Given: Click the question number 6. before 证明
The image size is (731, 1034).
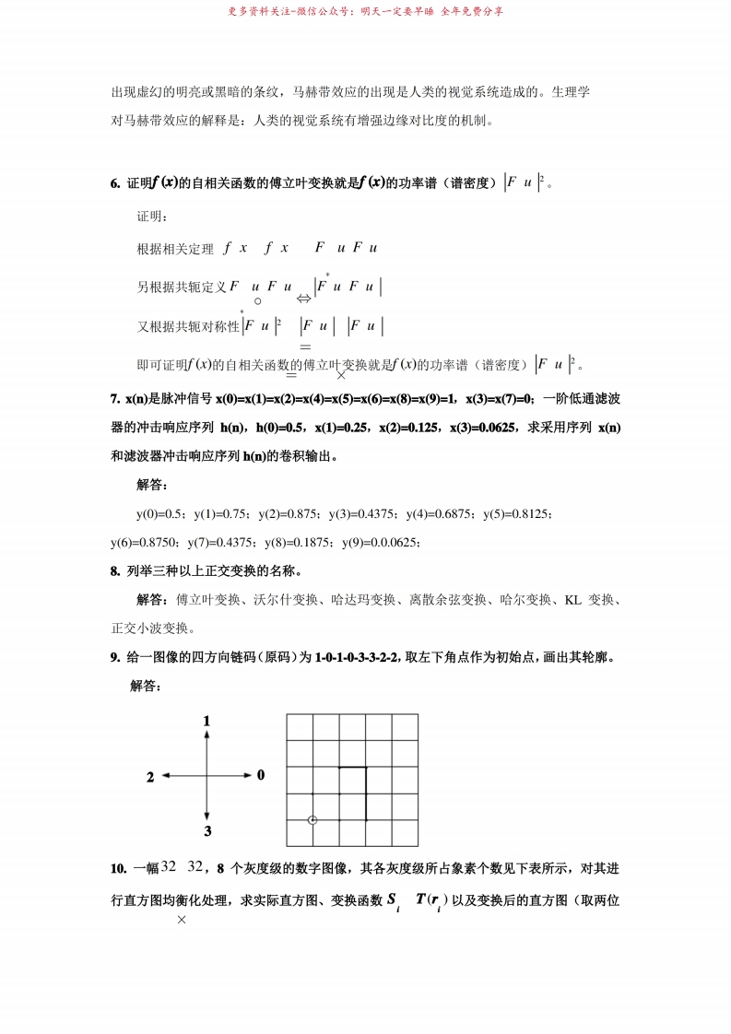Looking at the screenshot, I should point(115,183).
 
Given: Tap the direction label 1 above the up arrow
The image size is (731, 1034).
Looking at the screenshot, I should point(207,720).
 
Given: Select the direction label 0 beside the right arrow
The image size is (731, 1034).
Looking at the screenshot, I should point(261,775).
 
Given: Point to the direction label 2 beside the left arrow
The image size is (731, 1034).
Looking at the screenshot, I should point(150,777).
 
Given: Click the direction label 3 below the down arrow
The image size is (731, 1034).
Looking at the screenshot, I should point(207,831).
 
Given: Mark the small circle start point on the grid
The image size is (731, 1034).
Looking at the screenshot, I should point(312,819).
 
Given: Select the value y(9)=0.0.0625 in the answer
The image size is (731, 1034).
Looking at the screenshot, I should point(382,543).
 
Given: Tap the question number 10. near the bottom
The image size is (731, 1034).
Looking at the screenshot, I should point(118,868).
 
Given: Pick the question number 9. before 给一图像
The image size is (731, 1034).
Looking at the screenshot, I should point(115,657).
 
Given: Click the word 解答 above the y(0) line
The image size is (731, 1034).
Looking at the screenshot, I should point(152,485).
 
